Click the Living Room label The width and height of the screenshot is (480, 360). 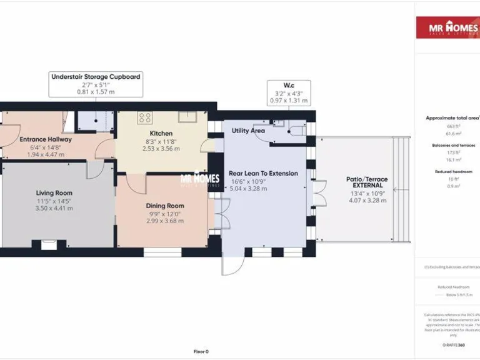click(54, 192)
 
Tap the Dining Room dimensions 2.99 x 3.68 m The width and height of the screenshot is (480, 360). click(165, 221)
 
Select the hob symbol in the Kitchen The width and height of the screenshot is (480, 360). click(145, 117)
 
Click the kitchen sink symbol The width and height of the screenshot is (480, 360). click(187, 117)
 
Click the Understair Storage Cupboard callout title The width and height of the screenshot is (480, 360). click(96, 76)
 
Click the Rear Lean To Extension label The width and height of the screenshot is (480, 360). click(263, 173)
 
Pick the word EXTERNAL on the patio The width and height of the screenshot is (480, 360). click(367, 186)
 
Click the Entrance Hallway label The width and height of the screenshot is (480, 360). click(46, 139)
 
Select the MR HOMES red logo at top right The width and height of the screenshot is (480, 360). click(447, 27)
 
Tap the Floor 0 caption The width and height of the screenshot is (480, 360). click(201, 351)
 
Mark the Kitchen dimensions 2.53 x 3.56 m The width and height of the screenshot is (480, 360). click(161, 149)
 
